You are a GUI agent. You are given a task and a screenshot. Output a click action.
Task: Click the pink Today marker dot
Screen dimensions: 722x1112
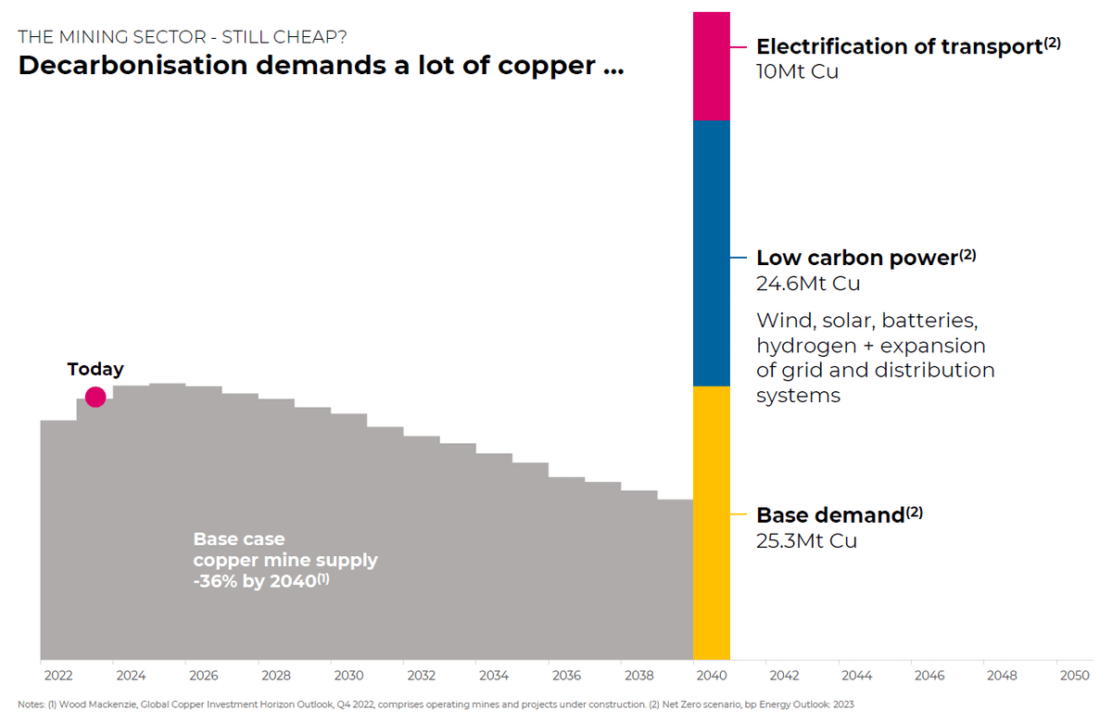95,398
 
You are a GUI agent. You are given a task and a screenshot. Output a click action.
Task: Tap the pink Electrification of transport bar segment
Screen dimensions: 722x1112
711,65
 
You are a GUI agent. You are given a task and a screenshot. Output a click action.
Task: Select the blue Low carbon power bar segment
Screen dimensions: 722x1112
711,253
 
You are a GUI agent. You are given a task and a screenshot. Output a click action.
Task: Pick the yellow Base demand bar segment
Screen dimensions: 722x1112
711,522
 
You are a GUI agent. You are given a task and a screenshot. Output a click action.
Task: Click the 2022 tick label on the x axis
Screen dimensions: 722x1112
58,675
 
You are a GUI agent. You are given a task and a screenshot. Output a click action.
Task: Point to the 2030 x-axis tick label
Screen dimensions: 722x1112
348,675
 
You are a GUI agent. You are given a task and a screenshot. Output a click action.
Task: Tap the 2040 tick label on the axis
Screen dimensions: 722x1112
712,675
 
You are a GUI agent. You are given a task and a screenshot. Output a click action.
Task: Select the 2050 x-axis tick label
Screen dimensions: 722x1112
1075,675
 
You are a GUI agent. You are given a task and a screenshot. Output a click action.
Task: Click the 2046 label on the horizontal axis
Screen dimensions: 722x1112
929,675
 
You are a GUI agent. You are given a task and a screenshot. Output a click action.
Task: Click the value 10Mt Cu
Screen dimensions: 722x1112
797,71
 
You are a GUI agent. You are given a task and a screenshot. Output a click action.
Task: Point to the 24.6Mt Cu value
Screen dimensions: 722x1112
808,283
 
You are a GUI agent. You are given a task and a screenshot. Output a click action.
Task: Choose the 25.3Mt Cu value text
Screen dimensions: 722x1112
806,541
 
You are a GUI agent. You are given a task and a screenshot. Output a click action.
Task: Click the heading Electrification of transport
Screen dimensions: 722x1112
899,47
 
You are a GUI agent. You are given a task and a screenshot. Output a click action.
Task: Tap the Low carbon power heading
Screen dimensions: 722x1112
856,259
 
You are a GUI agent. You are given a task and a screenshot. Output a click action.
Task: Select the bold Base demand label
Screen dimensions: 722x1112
830,516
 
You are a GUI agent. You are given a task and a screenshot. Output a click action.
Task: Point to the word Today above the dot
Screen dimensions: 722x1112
95,369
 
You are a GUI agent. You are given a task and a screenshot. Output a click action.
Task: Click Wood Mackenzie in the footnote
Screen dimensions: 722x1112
94,705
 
